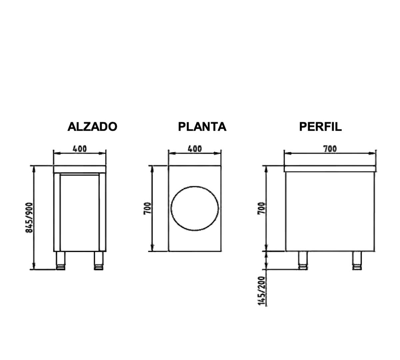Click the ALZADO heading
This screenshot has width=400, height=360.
point(92,126)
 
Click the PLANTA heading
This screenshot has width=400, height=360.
point(202,126)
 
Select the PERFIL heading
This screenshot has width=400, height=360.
point(320,126)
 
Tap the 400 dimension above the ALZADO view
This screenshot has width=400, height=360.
point(80,149)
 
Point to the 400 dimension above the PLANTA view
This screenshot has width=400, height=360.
point(195,149)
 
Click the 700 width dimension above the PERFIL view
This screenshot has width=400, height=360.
point(330,149)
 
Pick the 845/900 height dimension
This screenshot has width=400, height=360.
point(29,218)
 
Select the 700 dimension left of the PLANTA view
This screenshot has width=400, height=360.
point(148,208)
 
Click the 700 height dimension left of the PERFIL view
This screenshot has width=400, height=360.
point(261,208)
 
